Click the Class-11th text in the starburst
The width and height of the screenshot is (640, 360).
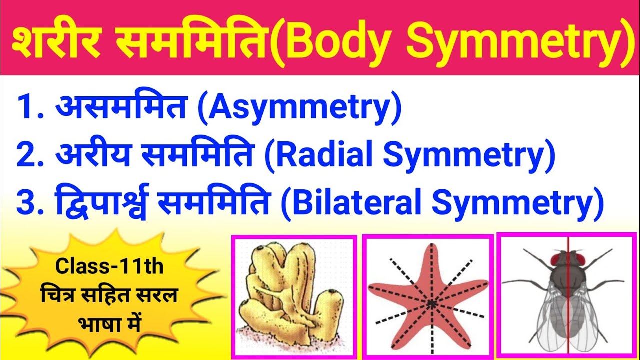click(x=109, y=267)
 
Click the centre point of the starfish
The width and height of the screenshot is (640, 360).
click(x=430, y=303)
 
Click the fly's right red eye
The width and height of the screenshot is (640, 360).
click(x=580, y=259)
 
